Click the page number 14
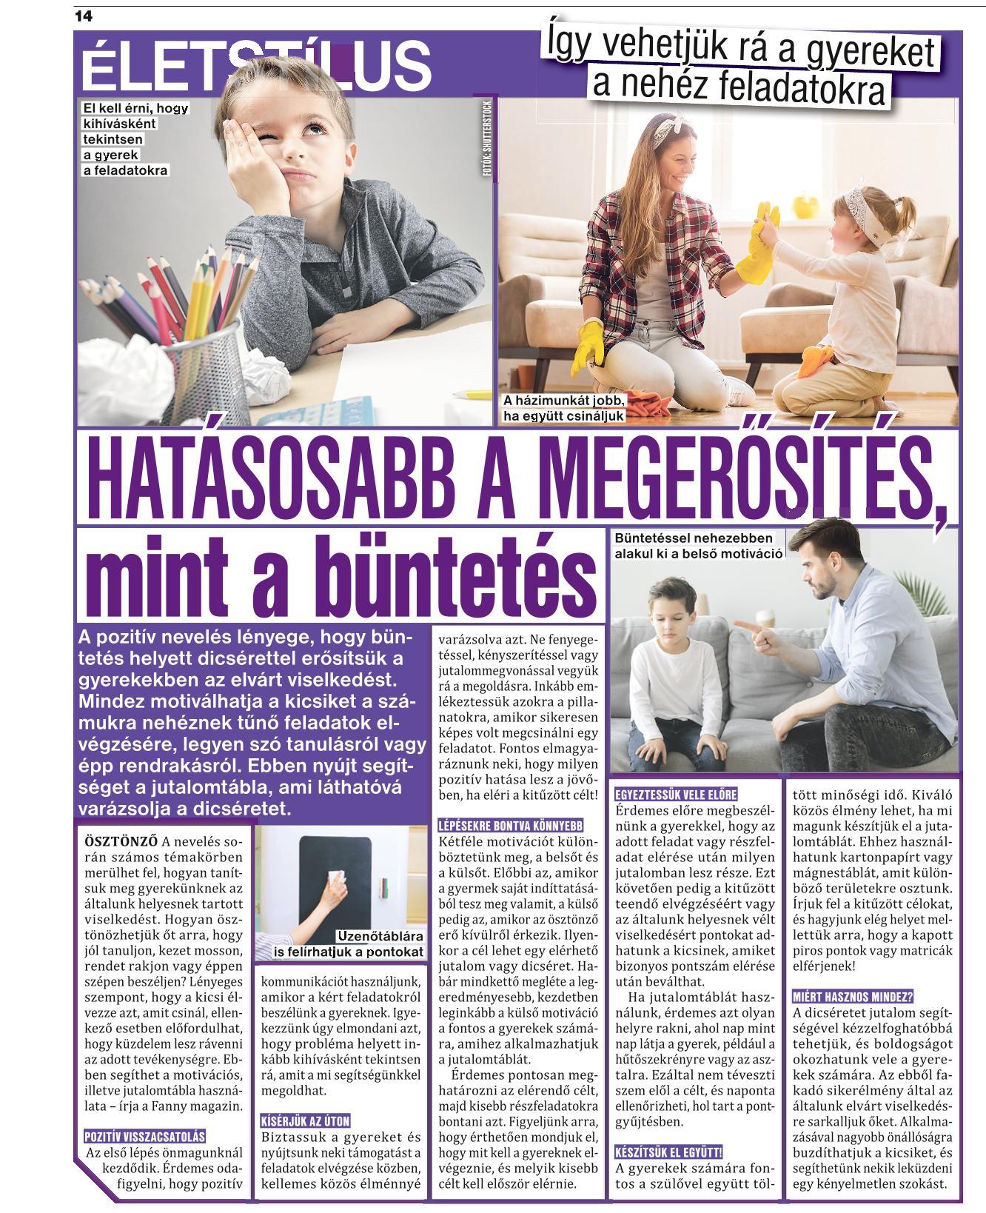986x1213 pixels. (x=83, y=16)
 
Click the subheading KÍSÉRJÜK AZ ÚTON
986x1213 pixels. (x=305, y=1120)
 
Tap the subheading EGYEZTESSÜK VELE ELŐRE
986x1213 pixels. (x=676, y=795)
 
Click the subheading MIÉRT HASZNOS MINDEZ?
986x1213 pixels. (x=853, y=996)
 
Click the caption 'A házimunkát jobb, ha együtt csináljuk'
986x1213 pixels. (x=564, y=408)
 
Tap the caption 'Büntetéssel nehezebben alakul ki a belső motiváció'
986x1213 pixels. (x=697, y=546)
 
